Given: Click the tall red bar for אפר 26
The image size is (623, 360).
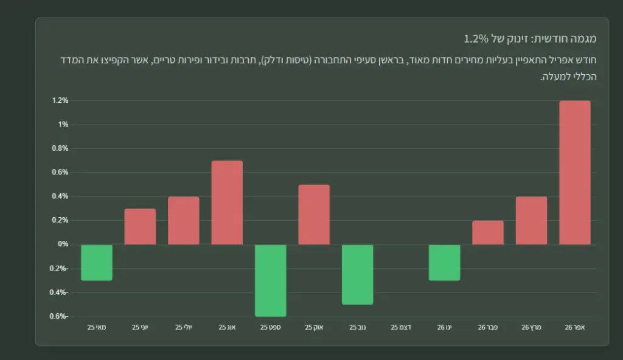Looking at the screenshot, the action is pos(574,173).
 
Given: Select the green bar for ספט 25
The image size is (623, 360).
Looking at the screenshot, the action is pos(271,280).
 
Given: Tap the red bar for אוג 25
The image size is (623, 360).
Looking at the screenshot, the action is pos(227,202).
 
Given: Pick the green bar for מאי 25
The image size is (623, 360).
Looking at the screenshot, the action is pos(97,263).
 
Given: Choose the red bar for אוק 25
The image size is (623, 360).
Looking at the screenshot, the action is pos(314,215).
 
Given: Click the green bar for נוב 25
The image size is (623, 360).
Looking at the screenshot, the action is pos(358,275).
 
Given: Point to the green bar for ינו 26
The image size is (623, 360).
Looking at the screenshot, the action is pos(444,263).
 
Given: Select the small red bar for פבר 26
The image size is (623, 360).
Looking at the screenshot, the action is pos(488,232).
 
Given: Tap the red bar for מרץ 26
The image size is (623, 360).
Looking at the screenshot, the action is pos(531,221).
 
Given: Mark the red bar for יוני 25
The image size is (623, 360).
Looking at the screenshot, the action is pos(140,226).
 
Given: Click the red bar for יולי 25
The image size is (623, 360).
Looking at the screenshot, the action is pos(184,221).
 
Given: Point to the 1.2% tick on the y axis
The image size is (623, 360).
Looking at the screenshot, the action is pos(60,100).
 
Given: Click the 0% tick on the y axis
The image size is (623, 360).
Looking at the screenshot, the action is pos(63,244).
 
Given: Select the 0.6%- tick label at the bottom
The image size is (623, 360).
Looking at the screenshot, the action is pos(59,316).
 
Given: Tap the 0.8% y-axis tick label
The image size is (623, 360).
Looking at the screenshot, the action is pos(60,148).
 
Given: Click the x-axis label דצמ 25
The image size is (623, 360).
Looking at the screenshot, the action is pos(401,327).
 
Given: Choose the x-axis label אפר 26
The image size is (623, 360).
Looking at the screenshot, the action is pos(574,327).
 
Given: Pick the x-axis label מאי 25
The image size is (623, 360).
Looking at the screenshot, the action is pos(97,327).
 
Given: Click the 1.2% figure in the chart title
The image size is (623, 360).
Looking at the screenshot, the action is pos(476,38).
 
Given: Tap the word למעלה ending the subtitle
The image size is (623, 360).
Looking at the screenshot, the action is pos(554,77).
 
